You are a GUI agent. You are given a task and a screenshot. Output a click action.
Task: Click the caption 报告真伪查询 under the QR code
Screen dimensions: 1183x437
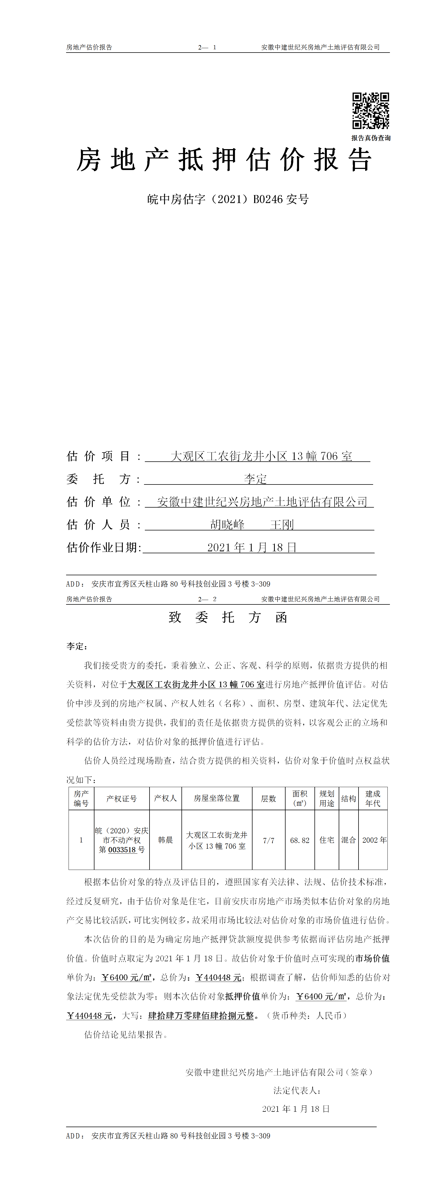371,138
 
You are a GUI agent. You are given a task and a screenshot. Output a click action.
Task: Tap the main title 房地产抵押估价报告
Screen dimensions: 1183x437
224,160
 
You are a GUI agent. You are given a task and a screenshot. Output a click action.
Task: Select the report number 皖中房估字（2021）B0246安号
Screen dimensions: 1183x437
228,199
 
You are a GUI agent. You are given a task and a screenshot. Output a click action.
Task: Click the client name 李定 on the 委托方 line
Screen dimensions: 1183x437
256,479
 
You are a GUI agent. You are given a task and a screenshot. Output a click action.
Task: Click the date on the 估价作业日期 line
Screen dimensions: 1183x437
252,547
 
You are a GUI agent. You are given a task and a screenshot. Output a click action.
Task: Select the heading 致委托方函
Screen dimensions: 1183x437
228,617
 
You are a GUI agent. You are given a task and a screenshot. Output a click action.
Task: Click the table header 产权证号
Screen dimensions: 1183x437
122,799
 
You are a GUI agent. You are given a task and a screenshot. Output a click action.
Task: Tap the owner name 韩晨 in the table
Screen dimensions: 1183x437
165,840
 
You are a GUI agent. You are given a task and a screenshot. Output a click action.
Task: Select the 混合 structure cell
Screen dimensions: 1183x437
348,840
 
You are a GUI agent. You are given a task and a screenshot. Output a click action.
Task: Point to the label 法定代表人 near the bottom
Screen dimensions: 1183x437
296,1091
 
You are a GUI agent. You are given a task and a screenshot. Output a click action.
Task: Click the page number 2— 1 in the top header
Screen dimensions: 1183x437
207,47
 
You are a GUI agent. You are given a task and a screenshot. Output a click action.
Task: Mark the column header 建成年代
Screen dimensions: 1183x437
373,799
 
